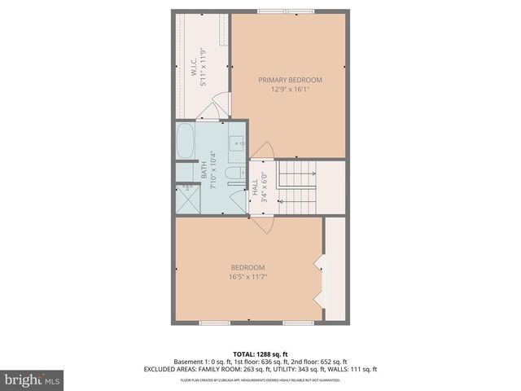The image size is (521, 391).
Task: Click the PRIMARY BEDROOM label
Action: [290, 80]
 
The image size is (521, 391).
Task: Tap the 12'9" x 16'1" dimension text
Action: [290, 90]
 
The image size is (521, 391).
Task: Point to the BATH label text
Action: [204, 170]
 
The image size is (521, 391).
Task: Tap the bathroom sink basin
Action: [239, 143]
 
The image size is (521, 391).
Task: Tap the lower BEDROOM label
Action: [248, 267]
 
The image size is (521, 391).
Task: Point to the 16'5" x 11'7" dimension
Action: [248, 277]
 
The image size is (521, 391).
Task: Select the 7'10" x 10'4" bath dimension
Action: [213, 170]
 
